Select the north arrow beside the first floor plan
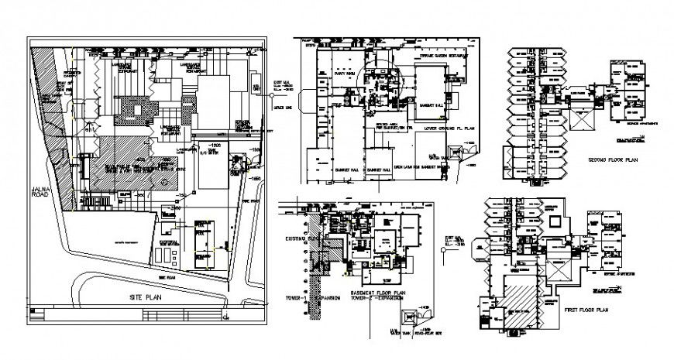[617, 288]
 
